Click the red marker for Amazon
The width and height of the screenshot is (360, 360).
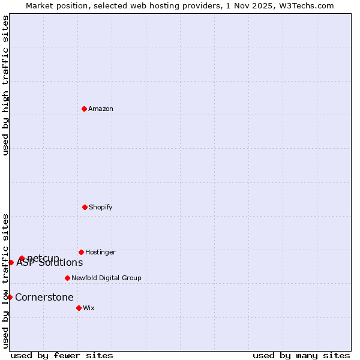pyautogui.click(x=85, y=109)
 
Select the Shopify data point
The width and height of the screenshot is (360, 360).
pyautogui.click(x=85, y=207)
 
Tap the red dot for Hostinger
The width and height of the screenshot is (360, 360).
pyautogui.click(x=81, y=252)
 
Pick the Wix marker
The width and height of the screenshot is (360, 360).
pyautogui.click(x=79, y=308)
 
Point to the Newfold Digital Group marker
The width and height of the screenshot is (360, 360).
pyautogui.click(x=67, y=278)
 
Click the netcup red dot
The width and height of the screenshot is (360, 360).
pyautogui.click(x=22, y=258)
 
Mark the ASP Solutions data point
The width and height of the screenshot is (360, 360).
pyautogui.click(x=11, y=262)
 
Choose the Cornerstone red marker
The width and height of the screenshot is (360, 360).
pyautogui.click(x=10, y=297)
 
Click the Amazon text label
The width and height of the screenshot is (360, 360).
pyautogui.click(x=101, y=109)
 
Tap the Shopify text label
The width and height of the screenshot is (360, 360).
pyautogui.click(x=101, y=208)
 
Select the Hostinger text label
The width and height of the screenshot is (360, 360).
pyautogui.click(x=100, y=253)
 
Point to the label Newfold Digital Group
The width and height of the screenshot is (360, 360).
pyautogui.click(x=106, y=278)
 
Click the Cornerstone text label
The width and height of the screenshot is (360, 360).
pyautogui.click(x=44, y=298)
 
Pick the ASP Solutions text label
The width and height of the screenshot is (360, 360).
pyautogui.click(x=50, y=263)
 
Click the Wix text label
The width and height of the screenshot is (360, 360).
pyautogui.click(x=89, y=308)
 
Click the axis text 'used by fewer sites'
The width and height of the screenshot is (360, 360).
pyautogui.click(x=62, y=355)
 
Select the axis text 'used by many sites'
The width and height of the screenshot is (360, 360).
pyautogui.click(x=301, y=355)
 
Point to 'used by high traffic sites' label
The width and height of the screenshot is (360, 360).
pyautogui.click(x=5, y=85)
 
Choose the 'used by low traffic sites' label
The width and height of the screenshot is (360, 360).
pyautogui.click(x=5, y=281)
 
